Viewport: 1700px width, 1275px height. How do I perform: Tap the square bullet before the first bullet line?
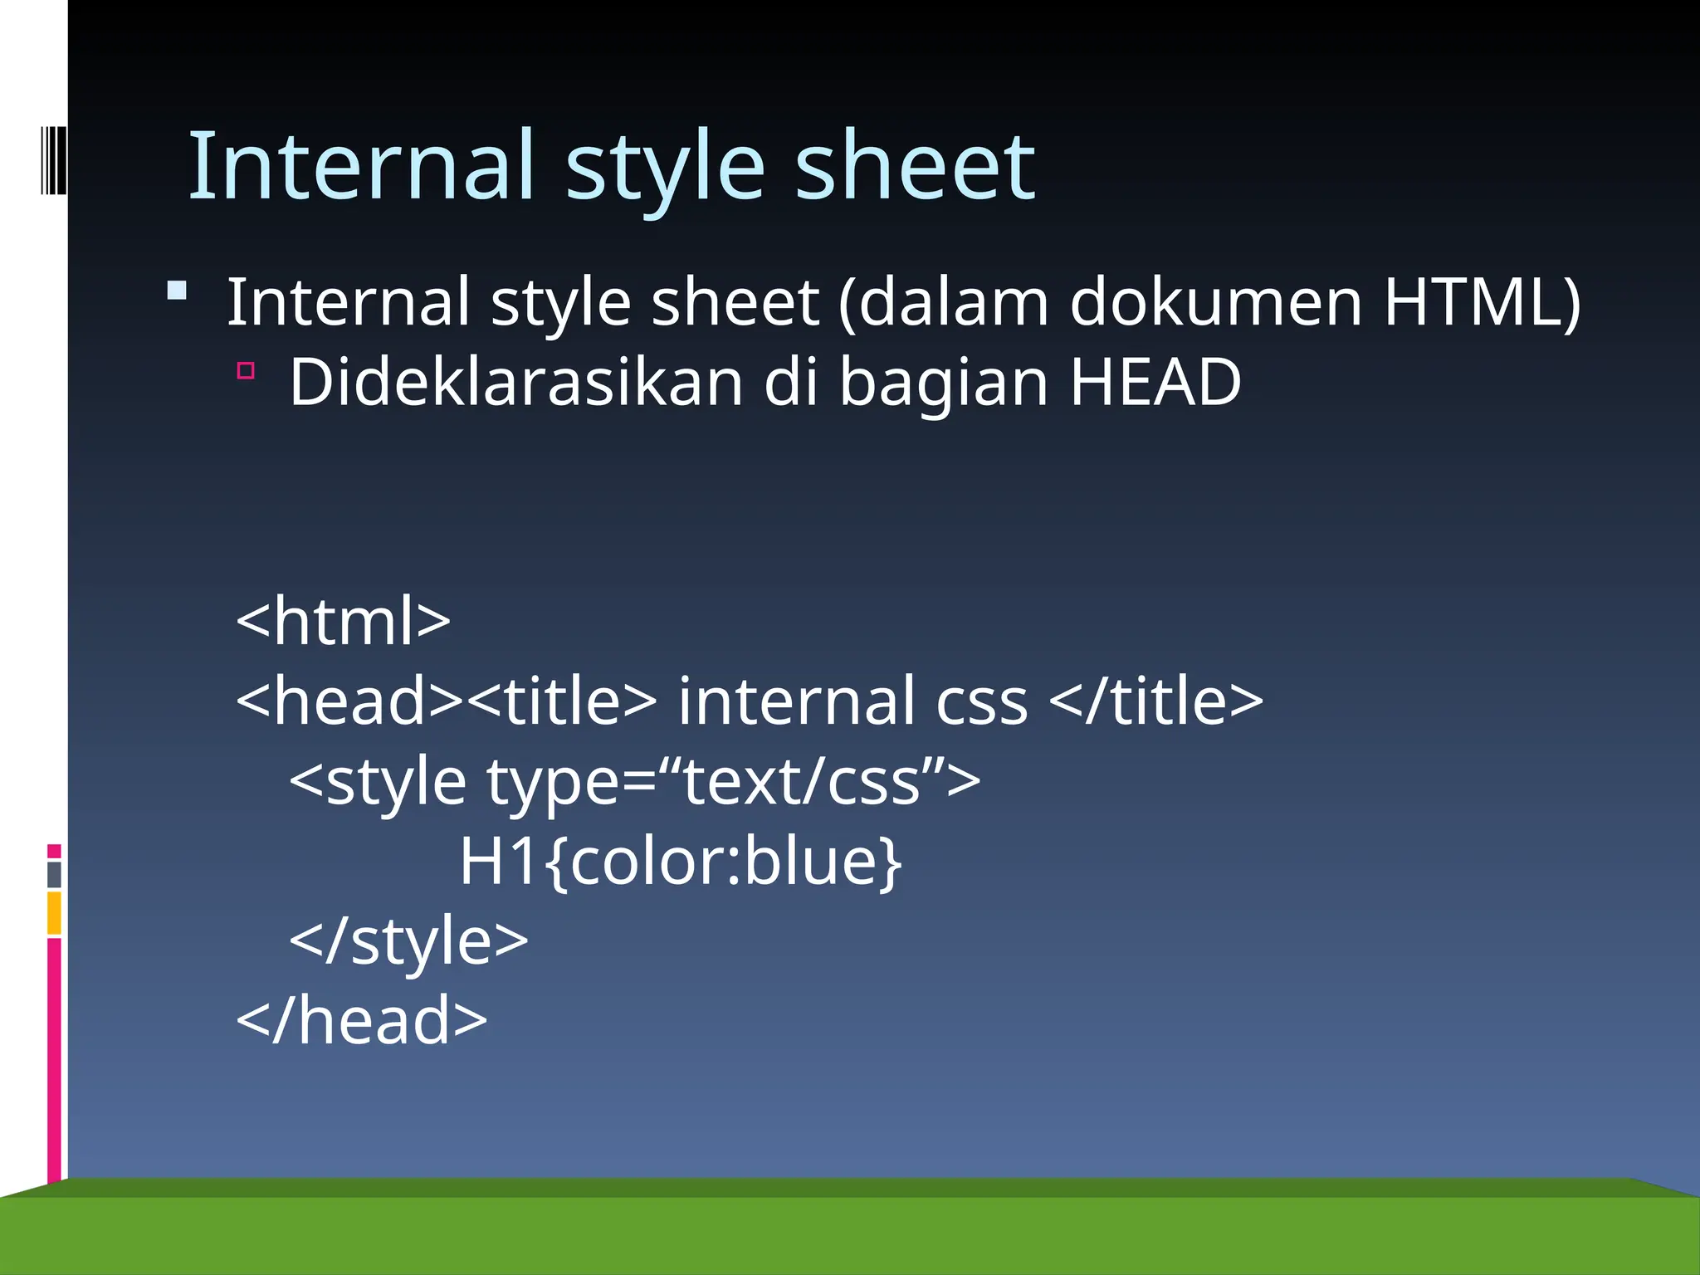pos(177,291)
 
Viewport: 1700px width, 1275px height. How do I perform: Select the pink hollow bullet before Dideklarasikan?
pos(246,370)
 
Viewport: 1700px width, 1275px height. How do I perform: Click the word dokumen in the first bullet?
pos(1215,302)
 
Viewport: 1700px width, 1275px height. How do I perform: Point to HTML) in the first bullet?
pos(1483,302)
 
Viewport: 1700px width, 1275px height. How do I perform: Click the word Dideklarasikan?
pos(515,382)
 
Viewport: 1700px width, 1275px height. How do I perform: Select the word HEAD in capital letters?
pos(1155,382)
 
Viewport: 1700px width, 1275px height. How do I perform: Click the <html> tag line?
pos(343,621)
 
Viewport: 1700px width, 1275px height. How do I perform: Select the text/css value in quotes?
pos(802,782)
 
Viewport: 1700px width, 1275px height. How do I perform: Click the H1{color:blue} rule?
pos(681,862)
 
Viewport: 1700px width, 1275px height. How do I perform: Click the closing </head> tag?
pos(362,1021)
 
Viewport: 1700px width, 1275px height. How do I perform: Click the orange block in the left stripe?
pos(55,913)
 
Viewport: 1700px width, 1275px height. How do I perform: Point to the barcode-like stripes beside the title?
pos(53,159)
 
